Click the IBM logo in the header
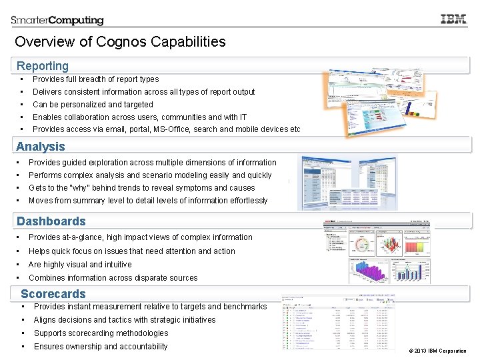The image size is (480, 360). click(453, 19)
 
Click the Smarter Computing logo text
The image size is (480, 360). click(57, 20)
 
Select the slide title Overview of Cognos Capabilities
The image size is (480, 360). click(120, 42)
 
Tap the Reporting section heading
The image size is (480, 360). click(43, 66)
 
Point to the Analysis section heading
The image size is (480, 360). click(41, 147)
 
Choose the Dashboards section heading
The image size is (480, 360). click(51, 221)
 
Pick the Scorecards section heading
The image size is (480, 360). click(53, 294)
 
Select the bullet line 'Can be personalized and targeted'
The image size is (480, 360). click(93, 105)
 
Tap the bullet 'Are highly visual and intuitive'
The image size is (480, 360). click(80, 265)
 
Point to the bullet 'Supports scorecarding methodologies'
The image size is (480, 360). click(101, 333)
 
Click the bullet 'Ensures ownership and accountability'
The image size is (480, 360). click(101, 347)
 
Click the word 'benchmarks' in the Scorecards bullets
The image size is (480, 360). click(245, 307)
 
